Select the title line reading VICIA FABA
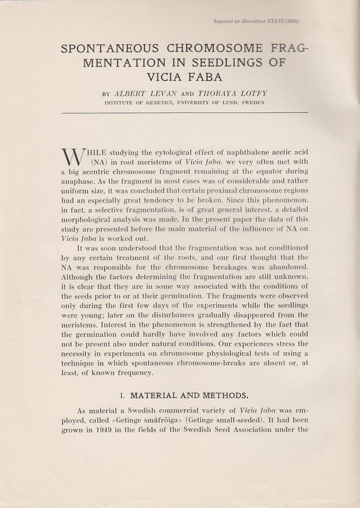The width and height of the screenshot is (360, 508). click(184, 77)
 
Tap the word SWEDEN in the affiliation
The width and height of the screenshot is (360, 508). click(251, 103)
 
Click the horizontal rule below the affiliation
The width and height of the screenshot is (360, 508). click(184, 113)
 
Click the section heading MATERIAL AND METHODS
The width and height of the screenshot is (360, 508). click(189, 395)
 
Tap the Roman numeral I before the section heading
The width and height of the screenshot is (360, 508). click(122, 395)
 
